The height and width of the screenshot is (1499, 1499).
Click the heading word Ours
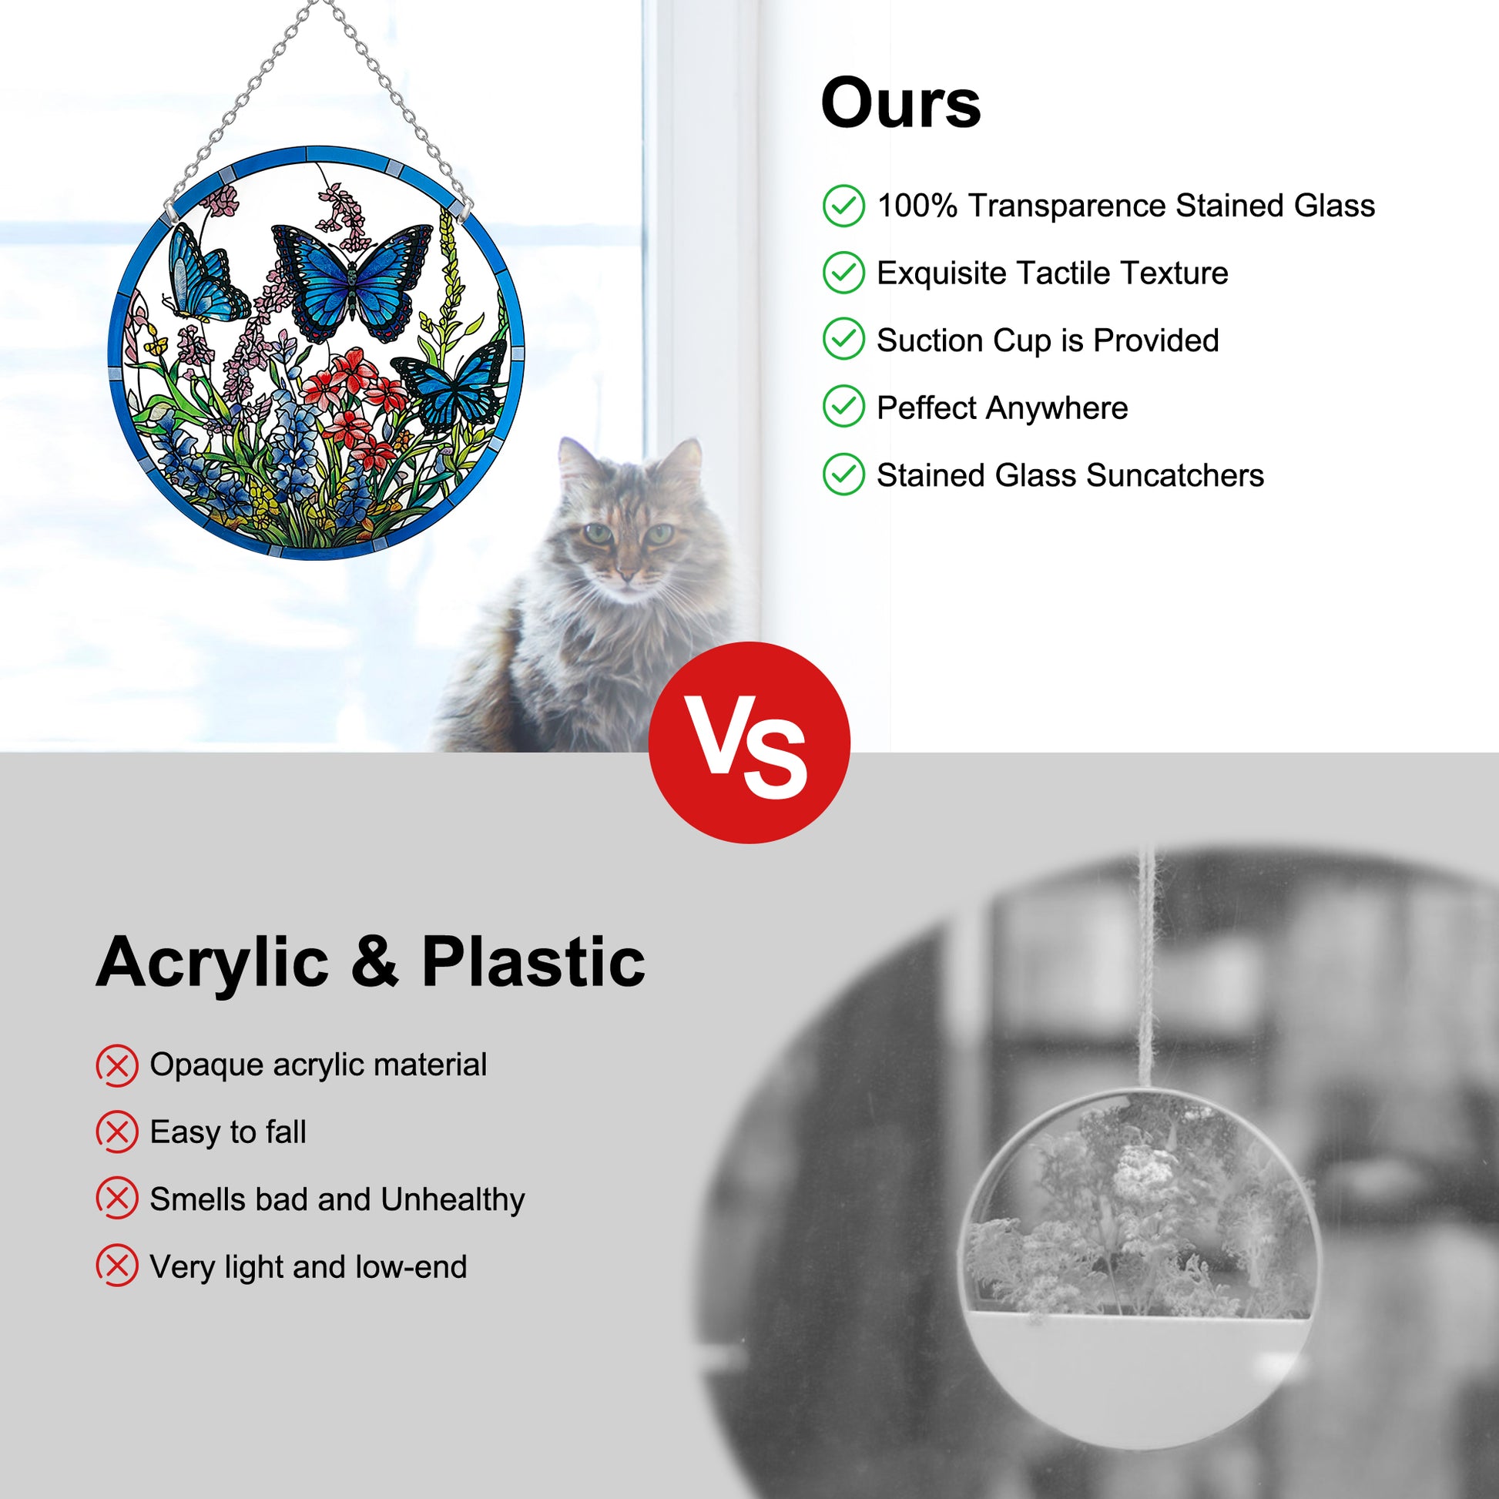point(900,103)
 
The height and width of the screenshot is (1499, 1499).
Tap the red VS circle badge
point(749,743)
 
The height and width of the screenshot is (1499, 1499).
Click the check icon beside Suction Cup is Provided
point(843,339)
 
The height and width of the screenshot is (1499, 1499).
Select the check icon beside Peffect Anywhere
point(843,406)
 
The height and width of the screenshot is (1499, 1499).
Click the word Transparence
point(1067,206)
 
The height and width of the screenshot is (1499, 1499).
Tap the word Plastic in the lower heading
point(533,962)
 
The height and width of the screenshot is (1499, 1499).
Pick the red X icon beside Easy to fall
point(117,1132)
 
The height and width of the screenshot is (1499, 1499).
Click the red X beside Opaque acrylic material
point(117,1065)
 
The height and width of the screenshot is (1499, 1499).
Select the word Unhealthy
point(452,1199)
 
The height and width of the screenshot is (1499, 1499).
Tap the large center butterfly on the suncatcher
point(352,281)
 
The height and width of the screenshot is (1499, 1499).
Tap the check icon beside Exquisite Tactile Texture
point(843,273)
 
